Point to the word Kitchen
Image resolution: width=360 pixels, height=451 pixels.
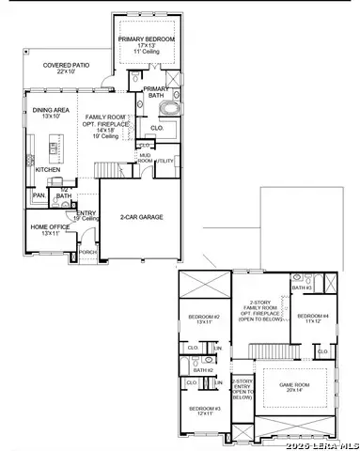[48, 170]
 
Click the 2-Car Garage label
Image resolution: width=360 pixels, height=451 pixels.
[142, 217]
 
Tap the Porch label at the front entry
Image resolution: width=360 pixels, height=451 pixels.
[86, 252]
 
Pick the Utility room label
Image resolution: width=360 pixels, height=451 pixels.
[165, 162]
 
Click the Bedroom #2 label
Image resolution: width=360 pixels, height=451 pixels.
[203, 318]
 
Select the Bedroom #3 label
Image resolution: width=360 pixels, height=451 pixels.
[204, 410]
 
